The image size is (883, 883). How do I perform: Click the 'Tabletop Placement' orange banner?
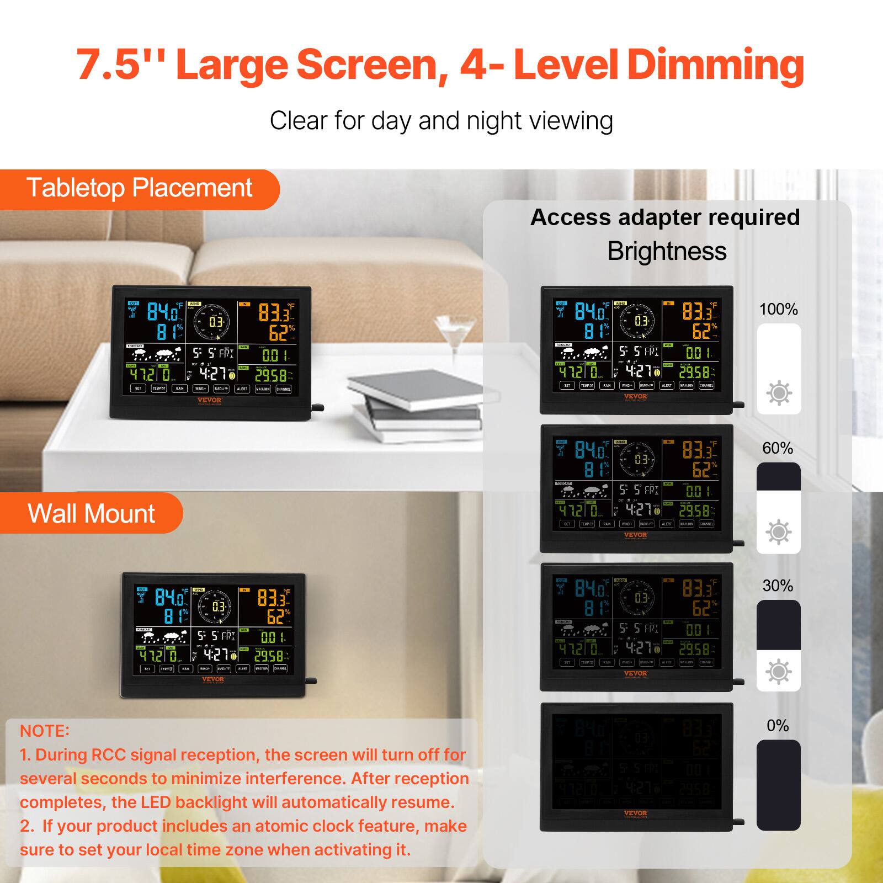(x=139, y=188)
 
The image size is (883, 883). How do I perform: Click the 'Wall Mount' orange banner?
(x=91, y=513)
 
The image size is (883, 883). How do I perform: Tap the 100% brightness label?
(x=778, y=309)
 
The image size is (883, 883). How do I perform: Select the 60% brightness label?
(x=778, y=448)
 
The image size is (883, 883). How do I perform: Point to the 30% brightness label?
(x=778, y=586)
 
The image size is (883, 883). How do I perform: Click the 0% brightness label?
(x=778, y=725)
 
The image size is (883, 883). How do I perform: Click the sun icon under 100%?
(x=779, y=393)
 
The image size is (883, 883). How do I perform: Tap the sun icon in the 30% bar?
(x=778, y=672)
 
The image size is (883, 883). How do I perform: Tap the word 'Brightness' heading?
(x=667, y=251)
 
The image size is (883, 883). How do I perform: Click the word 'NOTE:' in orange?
(x=45, y=731)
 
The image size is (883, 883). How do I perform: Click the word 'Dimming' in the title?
(x=715, y=65)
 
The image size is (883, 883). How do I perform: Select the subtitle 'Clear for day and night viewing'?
(x=441, y=121)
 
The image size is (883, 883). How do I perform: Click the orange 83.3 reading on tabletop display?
(x=274, y=313)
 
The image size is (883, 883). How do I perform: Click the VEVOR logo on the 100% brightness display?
(x=636, y=396)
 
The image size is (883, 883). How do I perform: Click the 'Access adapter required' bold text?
(x=665, y=217)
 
